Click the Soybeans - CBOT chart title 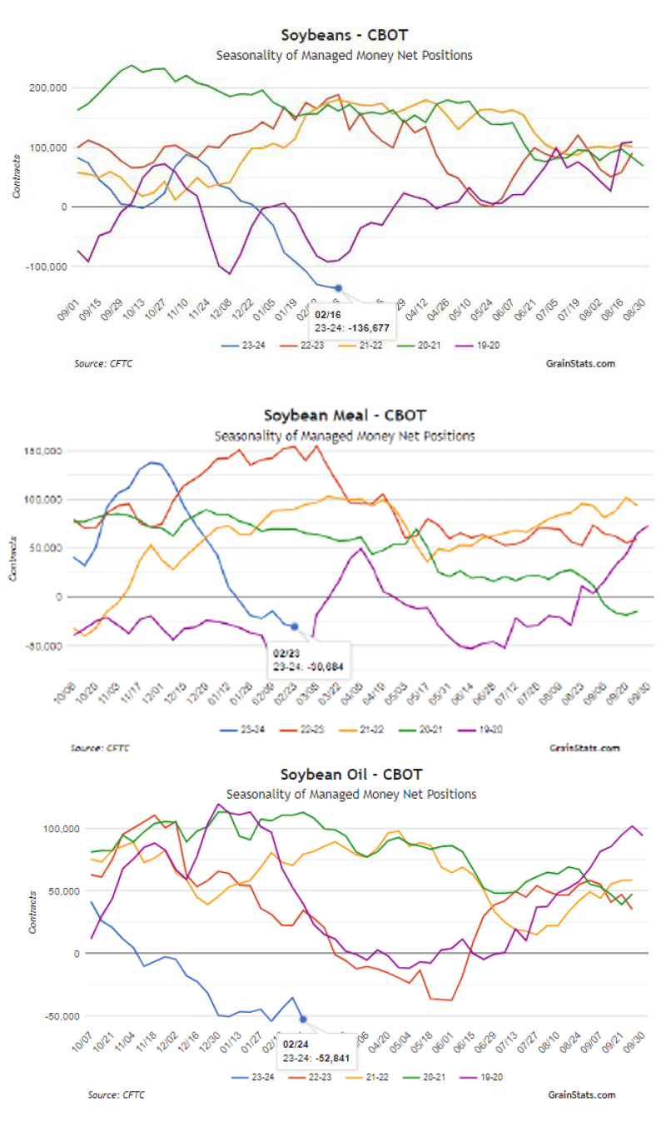point(345,35)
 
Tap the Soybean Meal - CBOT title point(345,415)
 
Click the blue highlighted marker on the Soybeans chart point(338,288)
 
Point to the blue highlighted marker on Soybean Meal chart point(294,626)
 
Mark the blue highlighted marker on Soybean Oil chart point(303,1019)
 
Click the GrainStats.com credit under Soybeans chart point(582,363)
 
